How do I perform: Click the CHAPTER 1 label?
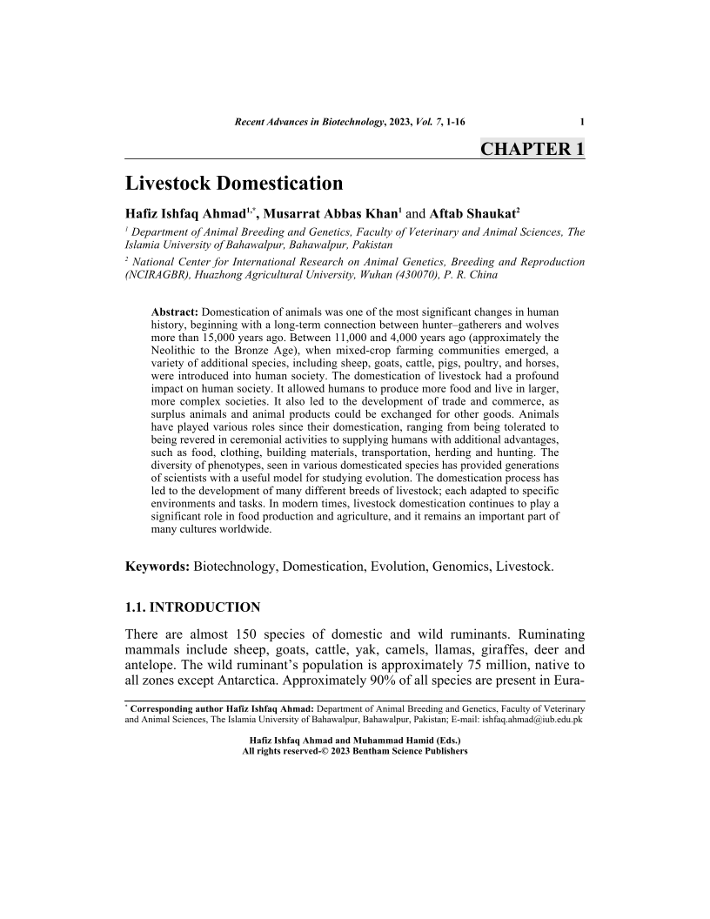coord(532,148)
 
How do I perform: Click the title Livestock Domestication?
coord(234,184)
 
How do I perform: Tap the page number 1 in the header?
coord(581,121)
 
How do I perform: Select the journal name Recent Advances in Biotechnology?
coord(310,121)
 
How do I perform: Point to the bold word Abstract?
coord(175,312)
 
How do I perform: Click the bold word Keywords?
coord(157,567)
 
